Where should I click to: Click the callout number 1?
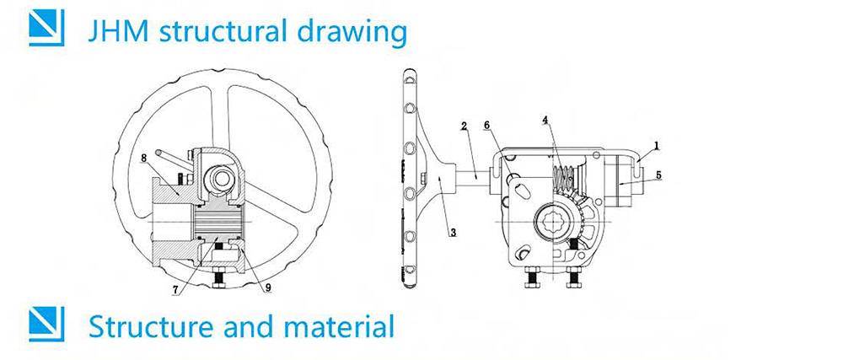[x=657, y=145]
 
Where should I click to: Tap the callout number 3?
[x=452, y=232]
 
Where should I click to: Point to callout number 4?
[x=546, y=121]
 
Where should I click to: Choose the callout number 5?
[x=658, y=175]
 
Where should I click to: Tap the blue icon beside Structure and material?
[x=46, y=324]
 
